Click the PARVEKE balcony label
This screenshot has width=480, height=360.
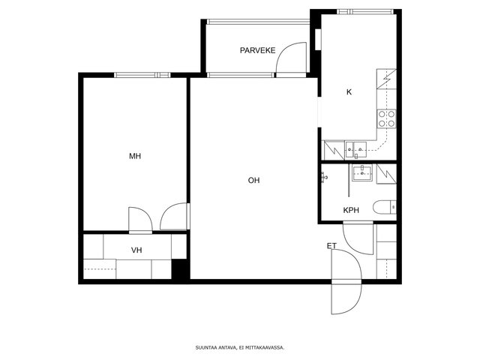coord(257,50)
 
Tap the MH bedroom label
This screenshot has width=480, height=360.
coord(135,156)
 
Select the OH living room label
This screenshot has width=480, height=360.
coord(253,180)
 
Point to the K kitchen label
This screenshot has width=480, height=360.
coord(349,91)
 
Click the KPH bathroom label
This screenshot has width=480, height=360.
coord(351,210)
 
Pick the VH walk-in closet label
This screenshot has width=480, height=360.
coord(136,250)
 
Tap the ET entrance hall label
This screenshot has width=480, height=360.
coord(331,246)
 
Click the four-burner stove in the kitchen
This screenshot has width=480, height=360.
coord(387,118)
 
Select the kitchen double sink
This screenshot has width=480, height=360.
coord(355,150)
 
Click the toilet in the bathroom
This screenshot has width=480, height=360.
coord(385,207)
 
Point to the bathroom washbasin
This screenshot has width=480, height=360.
coord(362,173)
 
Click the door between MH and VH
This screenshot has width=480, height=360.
coord(140,220)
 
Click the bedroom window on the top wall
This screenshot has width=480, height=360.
coord(142,75)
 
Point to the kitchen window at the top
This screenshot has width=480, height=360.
coord(365,12)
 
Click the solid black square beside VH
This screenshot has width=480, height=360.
coord(180,268)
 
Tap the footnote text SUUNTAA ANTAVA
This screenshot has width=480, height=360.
coord(216,348)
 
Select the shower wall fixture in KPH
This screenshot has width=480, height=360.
coord(325,177)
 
